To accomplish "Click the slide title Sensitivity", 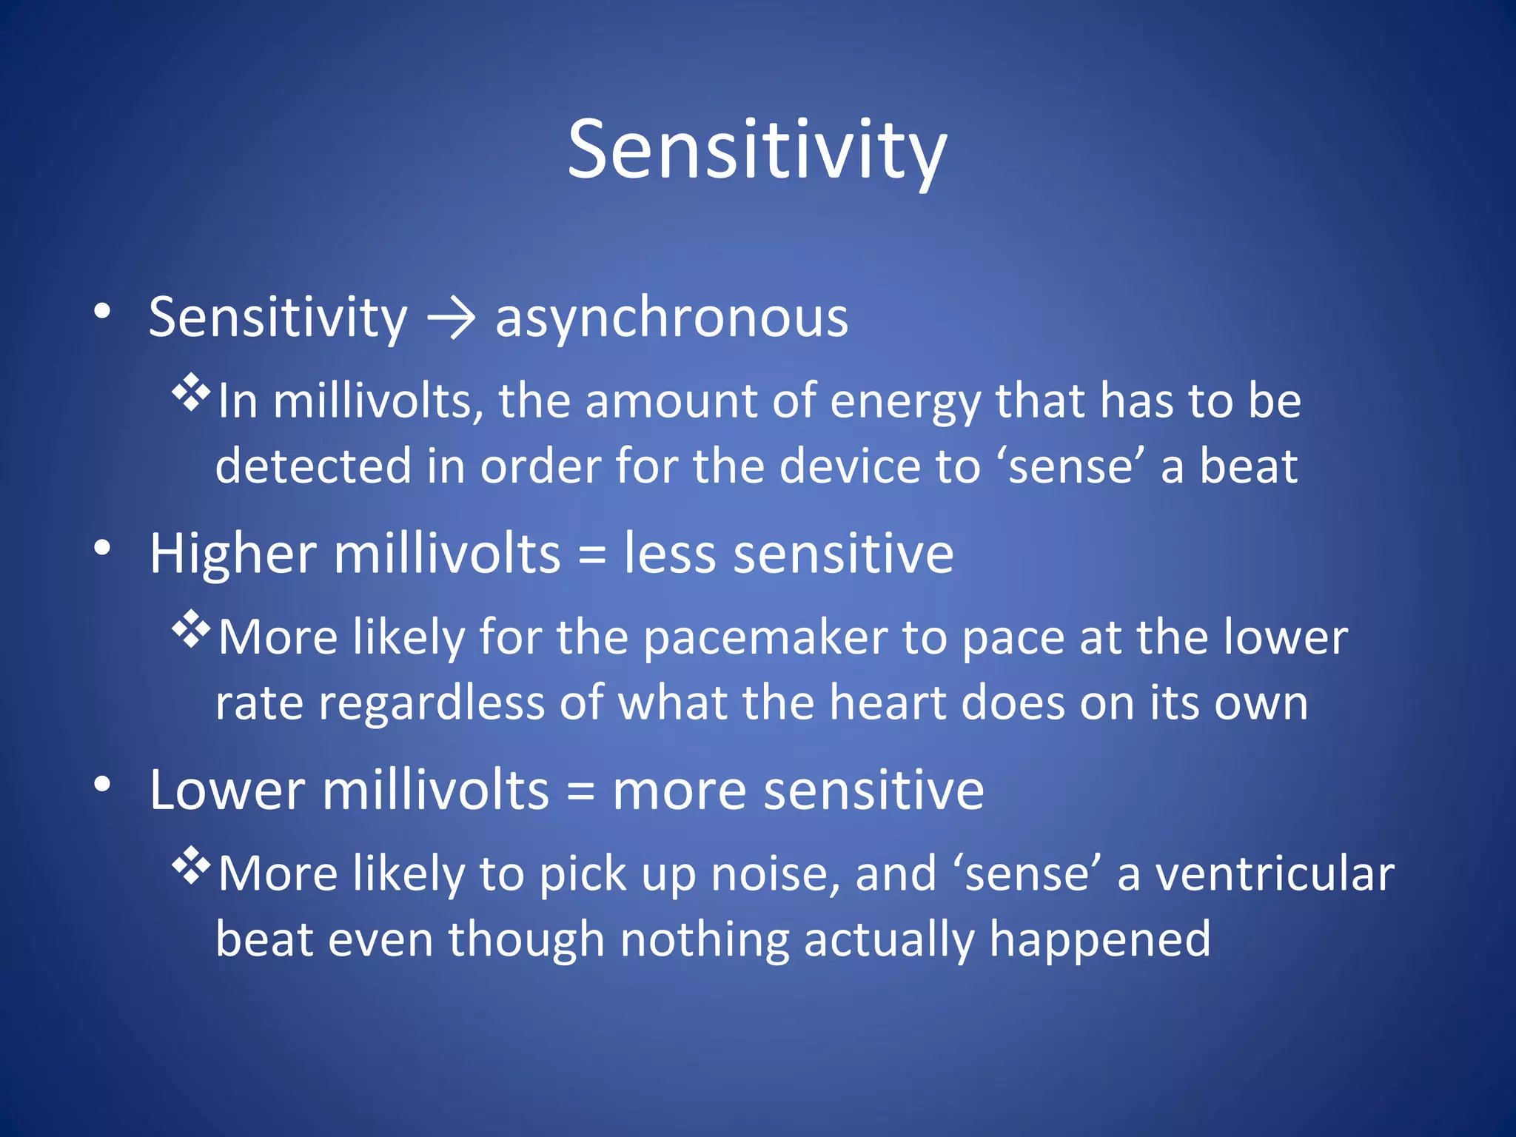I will [x=757, y=152].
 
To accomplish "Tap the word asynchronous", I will [x=671, y=318].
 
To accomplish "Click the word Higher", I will [x=233, y=554].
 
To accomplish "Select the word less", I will [x=670, y=554].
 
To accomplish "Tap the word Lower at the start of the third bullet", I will [x=227, y=791].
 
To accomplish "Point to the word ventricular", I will [x=1275, y=875].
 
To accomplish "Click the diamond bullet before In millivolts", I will [x=191, y=393].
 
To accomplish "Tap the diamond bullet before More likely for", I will [x=191, y=629].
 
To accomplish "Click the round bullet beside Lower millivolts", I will [x=103, y=784].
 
